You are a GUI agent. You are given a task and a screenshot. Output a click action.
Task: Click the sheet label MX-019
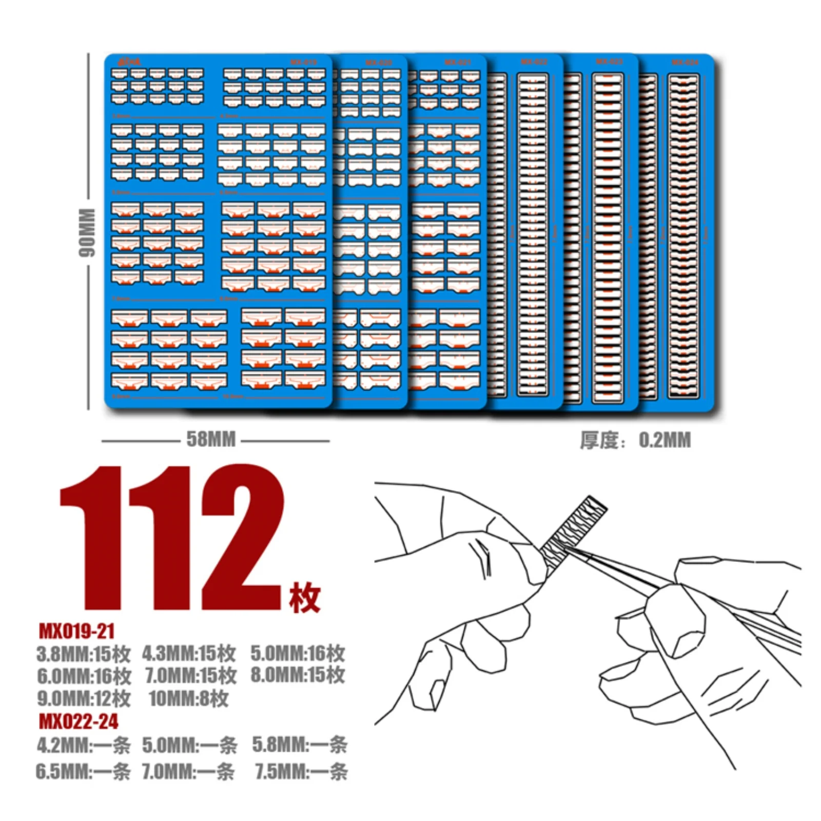[303, 62]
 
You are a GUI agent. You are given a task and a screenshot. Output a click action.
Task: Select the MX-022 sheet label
[534, 62]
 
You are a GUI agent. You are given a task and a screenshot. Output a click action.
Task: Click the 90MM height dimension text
[86, 232]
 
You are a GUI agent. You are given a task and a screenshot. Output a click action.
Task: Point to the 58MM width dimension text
[211, 439]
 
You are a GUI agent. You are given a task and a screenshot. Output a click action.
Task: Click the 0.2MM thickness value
[664, 440]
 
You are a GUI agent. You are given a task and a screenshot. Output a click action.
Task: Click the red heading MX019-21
[77, 631]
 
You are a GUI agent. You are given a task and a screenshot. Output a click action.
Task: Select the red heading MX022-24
[79, 721]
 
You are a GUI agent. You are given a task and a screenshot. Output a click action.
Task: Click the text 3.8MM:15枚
[84, 654]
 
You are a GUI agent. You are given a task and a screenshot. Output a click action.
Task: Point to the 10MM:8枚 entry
[188, 698]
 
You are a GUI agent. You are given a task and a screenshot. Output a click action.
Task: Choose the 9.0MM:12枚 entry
[84, 698]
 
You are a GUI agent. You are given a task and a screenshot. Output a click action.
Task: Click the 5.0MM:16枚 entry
[298, 653]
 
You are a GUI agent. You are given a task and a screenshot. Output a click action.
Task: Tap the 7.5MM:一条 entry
[301, 771]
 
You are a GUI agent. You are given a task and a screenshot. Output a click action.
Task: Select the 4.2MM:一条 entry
[84, 745]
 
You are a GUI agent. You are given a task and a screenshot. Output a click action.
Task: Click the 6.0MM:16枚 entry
[84, 676]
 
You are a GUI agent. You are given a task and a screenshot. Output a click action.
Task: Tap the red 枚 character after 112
[304, 597]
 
